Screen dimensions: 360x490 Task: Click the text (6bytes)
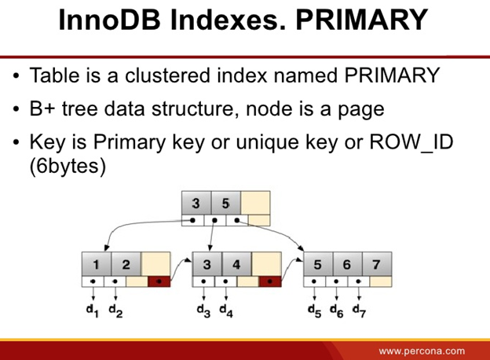pos(68,167)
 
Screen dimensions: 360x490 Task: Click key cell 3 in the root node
pos(196,203)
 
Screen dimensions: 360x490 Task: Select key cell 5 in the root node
pos(225,203)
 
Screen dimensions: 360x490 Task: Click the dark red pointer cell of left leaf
pos(159,281)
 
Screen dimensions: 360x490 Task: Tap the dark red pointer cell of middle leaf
pos(270,281)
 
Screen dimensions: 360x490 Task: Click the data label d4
pos(226,310)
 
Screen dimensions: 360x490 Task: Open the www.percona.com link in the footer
pos(422,350)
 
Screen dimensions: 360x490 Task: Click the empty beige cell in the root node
pos(255,203)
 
